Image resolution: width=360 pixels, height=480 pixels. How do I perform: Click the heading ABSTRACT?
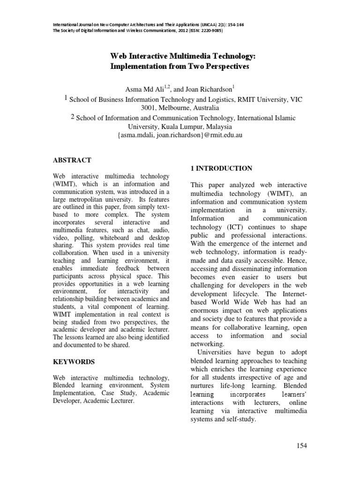tap(72, 160)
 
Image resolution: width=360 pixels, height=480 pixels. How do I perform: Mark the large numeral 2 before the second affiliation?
tap(73, 117)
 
